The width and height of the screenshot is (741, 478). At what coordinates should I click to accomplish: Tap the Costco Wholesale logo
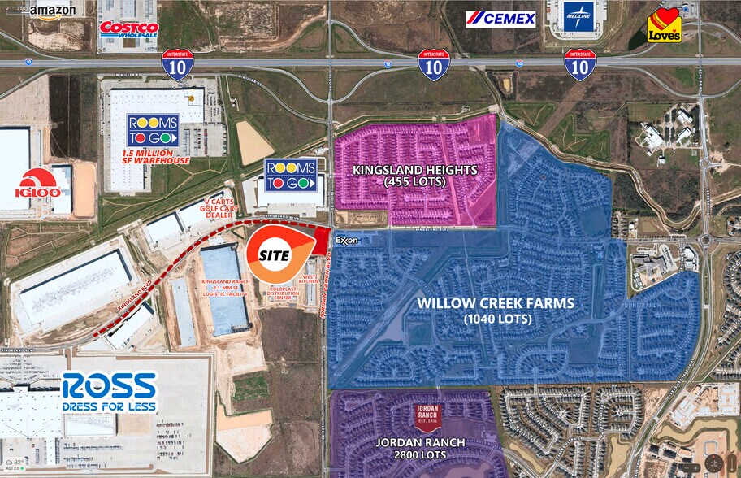click(128, 29)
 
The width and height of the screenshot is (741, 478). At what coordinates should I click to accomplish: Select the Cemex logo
click(500, 19)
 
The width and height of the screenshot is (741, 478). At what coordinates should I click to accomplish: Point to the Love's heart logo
click(664, 25)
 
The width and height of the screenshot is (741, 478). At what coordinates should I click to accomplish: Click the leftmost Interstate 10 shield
click(177, 63)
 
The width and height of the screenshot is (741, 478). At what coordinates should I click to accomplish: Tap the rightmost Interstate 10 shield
click(580, 63)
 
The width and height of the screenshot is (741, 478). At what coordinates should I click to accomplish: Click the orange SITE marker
click(274, 254)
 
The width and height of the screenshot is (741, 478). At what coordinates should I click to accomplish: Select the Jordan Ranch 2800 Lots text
click(420, 448)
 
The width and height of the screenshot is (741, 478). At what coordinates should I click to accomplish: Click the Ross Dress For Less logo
click(108, 393)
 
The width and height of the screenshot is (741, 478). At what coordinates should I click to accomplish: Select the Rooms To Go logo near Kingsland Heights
click(291, 174)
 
